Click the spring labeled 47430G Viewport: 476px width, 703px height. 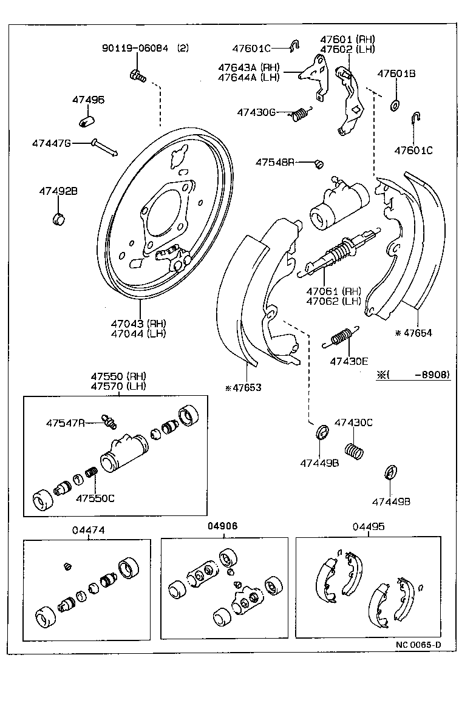[301, 114]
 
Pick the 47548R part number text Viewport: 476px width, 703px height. [274, 162]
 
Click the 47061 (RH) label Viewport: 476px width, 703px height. [333, 291]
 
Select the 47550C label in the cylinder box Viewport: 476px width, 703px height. [95, 498]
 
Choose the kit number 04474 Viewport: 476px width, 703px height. [89, 529]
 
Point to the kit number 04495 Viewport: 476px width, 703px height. [368, 527]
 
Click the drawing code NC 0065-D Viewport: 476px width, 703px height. [418, 645]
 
